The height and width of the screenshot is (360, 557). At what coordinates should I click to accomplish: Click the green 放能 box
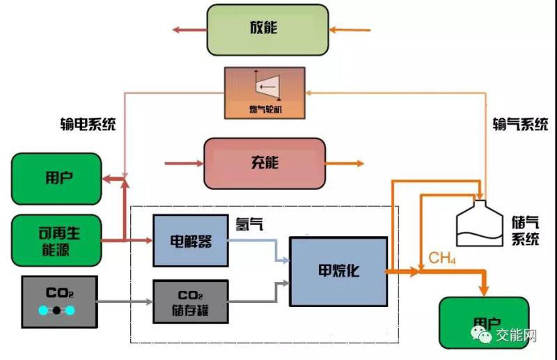coord(267,29)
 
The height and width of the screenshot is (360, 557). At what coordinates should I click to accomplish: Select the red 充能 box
coord(265,163)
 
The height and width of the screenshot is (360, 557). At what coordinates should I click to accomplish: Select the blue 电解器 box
coord(191,241)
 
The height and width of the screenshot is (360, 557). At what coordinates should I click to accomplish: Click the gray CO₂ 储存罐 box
coord(191,301)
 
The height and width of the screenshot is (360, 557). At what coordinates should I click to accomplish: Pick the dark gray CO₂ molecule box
coord(58,302)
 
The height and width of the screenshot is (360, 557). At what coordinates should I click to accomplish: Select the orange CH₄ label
coord(441,259)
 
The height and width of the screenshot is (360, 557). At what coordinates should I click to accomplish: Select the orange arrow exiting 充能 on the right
coord(345,164)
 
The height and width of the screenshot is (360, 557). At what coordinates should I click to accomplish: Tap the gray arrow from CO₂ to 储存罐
coord(125,302)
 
